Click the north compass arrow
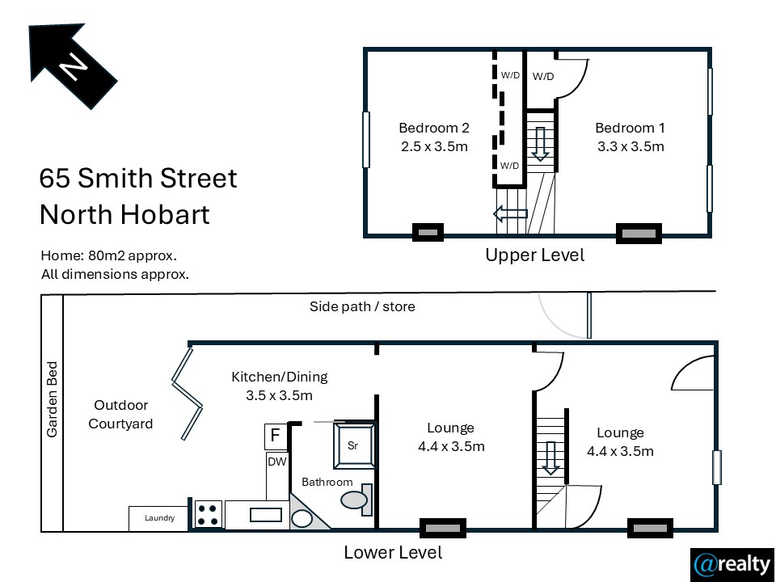(x=72, y=65)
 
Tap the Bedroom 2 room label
(x=434, y=137)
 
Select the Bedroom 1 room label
(x=630, y=137)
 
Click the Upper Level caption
(x=534, y=255)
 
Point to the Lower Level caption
(x=393, y=552)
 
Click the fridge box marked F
(x=276, y=436)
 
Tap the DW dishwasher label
(x=276, y=462)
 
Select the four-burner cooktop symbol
(x=209, y=515)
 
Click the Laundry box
(x=159, y=519)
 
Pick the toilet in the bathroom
(x=356, y=500)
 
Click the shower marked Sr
(x=353, y=445)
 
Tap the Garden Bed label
(x=52, y=399)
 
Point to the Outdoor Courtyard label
(x=120, y=414)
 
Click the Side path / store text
(x=362, y=307)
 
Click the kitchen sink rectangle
(x=266, y=515)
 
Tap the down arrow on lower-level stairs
(x=550, y=458)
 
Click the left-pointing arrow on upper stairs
(x=510, y=214)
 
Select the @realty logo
(x=732, y=565)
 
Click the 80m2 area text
(x=108, y=256)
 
